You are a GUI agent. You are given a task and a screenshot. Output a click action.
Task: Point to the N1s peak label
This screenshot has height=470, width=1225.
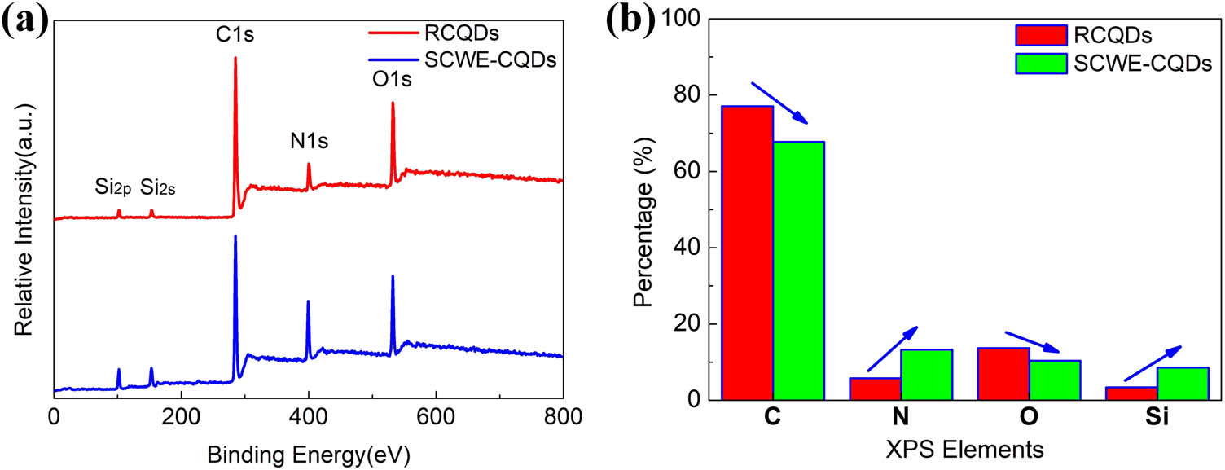(310, 142)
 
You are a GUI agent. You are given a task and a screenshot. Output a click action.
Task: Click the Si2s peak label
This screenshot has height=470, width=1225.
(158, 188)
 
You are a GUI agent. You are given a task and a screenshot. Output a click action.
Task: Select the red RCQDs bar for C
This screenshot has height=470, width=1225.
(747, 253)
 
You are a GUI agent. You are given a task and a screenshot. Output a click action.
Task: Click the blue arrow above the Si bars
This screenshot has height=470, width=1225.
(1152, 363)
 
